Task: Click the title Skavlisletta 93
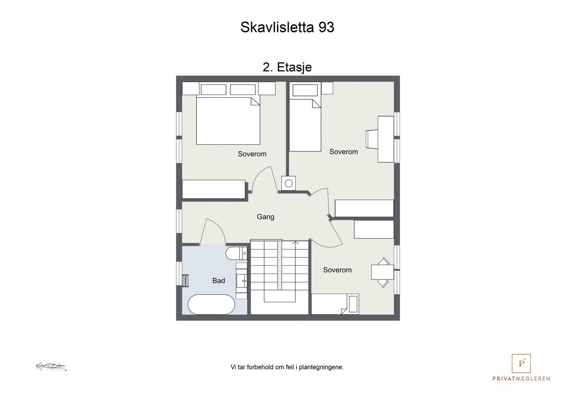point(287,27)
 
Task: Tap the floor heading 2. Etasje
point(287,67)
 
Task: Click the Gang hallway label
point(265,217)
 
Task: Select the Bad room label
point(218,281)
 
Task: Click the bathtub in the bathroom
point(211,305)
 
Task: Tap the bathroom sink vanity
point(242,280)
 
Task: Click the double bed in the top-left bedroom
point(228,121)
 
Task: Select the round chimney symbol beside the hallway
point(289,184)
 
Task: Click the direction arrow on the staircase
point(295,243)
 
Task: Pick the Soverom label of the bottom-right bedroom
point(337,270)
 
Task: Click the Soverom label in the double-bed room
point(252,154)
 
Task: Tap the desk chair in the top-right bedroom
point(372,139)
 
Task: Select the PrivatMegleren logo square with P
point(521,363)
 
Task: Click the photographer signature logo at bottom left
point(51,367)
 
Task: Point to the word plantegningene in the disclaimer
point(321,367)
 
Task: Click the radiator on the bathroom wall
point(185,280)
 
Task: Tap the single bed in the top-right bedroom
point(305,125)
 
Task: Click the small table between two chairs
point(382,272)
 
